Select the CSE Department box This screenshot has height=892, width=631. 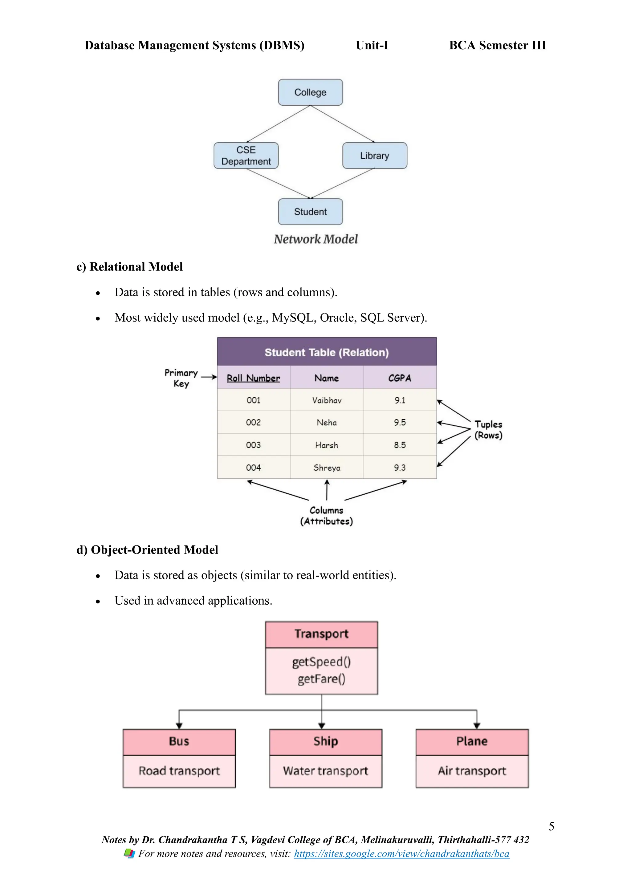click(x=246, y=156)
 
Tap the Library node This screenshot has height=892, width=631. click(x=375, y=156)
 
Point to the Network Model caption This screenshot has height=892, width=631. click(x=315, y=239)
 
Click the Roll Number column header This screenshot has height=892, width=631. click(x=253, y=378)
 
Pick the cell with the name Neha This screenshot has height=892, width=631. click(x=327, y=422)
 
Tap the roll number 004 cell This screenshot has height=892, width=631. click(x=253, y=467)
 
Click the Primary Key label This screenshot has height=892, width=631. click(x=181, y=378)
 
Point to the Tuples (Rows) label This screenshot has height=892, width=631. click(x=488, y=430)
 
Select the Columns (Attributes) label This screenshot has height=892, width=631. click(x=326, y=516)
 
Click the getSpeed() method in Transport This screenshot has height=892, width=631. click(x=321, y=662)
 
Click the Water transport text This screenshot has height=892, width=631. click(x=325, y=771)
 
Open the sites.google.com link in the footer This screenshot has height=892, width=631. click(x=401, y=853)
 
